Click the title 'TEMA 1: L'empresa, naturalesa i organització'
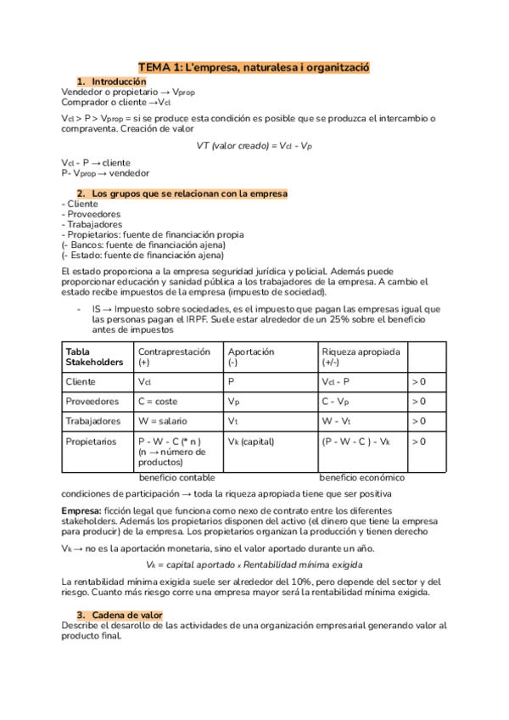[255, 66]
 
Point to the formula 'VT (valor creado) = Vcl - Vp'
[254, 145]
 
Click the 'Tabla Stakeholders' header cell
[94, 356]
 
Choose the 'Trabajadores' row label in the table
[93, 421]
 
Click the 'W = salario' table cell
[161, 421]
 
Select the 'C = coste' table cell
[158, 402]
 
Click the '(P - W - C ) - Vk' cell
[355, 442]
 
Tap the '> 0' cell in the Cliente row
[419, 382]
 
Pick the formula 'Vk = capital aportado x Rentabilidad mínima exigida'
[254, 565]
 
